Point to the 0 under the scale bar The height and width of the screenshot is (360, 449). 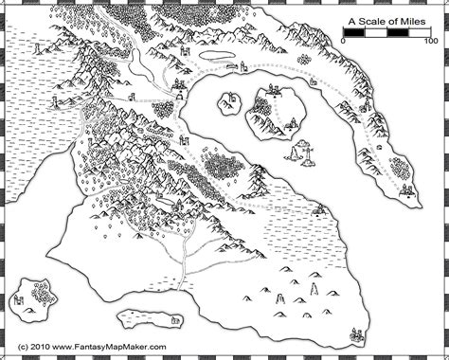pyautogui.click(x=344, y=42)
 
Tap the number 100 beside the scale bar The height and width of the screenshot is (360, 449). pyautogui.click(x=430, y=42)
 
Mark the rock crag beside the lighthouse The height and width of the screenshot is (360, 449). pyautogui.click(x=295, y=152)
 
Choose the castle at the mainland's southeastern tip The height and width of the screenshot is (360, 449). pyautogui.click(x=356, y=333)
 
